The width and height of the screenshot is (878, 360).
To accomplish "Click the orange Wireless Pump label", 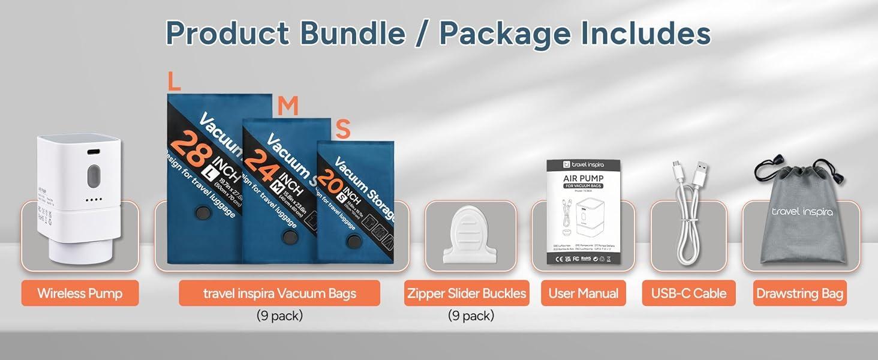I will pyautogui.click(x=80, y=293).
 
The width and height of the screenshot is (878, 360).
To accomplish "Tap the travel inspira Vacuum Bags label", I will pyautogui.click(x=279, y=293).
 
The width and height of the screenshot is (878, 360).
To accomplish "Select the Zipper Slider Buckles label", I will pyautogui.click(x=467, y=293).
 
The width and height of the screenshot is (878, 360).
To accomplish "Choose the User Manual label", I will pyautogui.click(x=584, y=293).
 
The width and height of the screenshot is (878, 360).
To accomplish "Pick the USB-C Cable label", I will pyautogui.click(x=688, y=293).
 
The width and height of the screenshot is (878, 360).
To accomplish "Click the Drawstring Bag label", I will pyautogui.click(x=799, y=293).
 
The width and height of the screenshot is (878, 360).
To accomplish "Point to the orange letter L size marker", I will pyautogui.click(x=174, y=82).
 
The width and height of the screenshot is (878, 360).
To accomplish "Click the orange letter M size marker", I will pyautogui.click(x=288, y=106).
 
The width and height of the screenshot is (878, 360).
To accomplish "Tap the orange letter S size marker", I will pyautogui.click(x=342, y=129).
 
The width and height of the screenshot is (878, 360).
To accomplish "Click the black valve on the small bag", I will pyautogui.click(x=354, y=242).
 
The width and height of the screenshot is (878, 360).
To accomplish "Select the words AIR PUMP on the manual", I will pyautogui.click(x=583, y=178).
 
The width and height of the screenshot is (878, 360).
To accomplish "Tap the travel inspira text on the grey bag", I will pyautogui.click(x=802, y=211).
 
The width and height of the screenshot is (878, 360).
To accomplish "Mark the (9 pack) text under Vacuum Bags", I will pyautogui.click(x=279, y=316).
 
